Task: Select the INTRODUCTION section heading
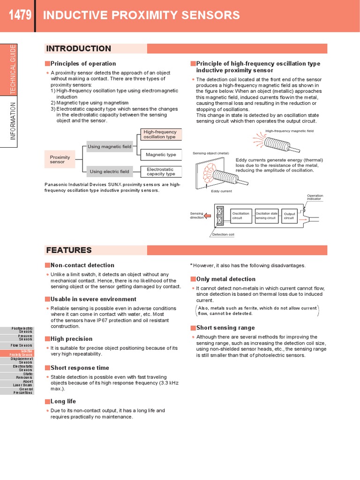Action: [x=78, y=49]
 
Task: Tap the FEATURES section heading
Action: [x=68, y=250]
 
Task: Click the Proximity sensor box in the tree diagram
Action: [x=60, y=159]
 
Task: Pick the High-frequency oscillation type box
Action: [x=161, y=135]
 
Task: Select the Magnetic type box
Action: [x=161, y=155]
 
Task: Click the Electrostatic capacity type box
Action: [x=161, y=172]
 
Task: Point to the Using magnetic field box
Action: [x=110, y=147]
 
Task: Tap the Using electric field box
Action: [x=110, y=172]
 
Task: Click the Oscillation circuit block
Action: [x=241, y=216]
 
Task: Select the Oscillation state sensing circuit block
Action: [x=266, y=216]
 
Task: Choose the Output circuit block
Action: [x=290, y=216]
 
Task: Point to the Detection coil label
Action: [x=223, y=234]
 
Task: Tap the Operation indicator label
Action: [x=315, y=197]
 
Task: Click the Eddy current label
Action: [x=221, y=191]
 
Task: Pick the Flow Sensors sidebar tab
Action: [x=23, y=345]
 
